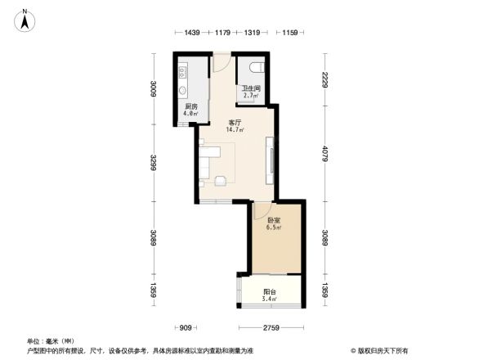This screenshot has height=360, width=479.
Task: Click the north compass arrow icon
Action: click(25, 19)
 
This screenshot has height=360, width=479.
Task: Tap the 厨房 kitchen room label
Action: click(190, 110)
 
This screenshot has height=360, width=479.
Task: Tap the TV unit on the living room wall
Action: click(272, 156)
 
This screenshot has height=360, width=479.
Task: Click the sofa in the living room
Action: click(204, 163)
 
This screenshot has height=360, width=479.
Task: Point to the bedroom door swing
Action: click(260, 215)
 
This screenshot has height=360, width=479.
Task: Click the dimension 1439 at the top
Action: click(192, 34)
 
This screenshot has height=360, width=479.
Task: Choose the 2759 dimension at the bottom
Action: click(271, 329)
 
